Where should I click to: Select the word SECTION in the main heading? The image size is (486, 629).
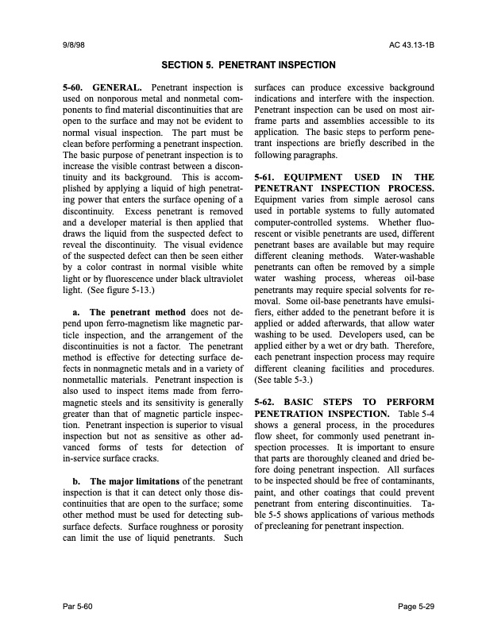coord(185,64)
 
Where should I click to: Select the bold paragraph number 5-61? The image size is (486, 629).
coord(268,176)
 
